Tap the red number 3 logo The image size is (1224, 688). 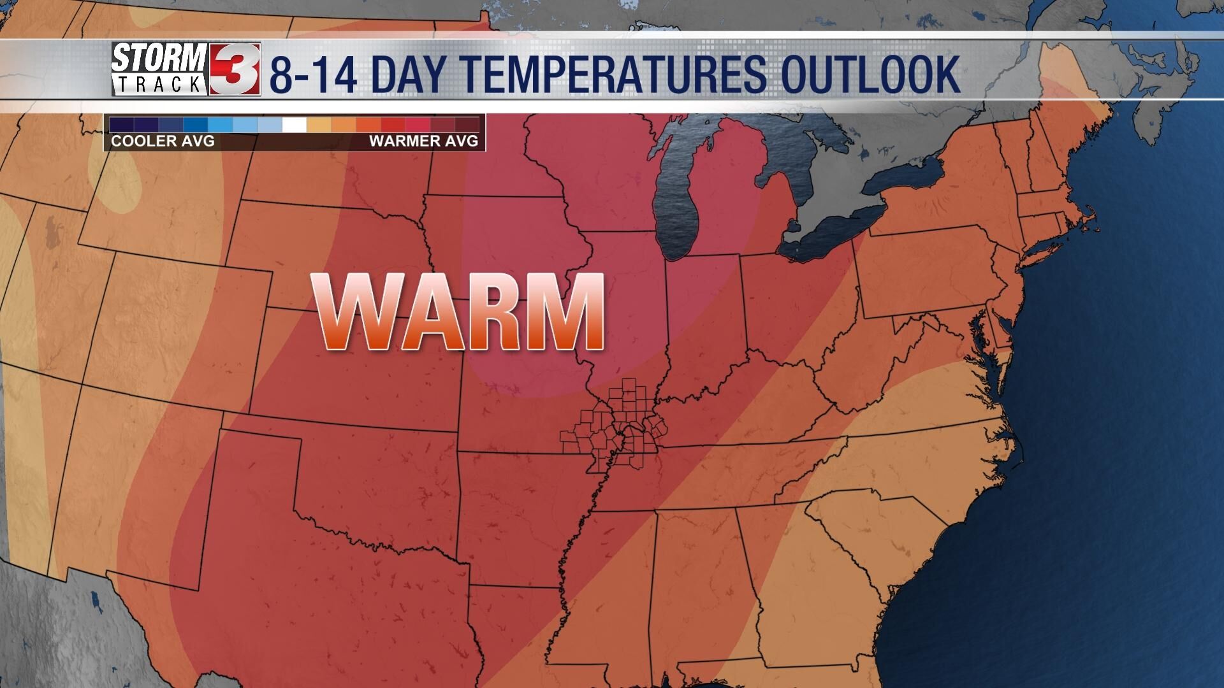[235, 69]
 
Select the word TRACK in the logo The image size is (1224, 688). [159, 83]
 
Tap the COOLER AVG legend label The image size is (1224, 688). [163, 141]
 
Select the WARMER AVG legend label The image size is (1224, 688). [423, 141]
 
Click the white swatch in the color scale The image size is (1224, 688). [295, 124]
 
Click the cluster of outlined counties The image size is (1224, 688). [612, 427]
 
